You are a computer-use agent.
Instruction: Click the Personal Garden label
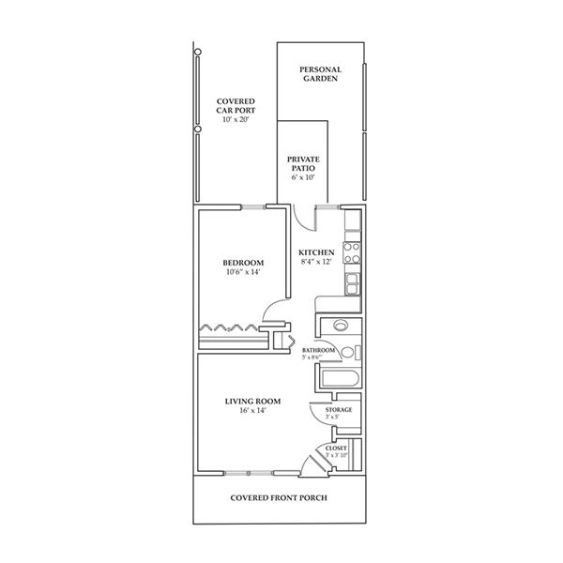(320, 74)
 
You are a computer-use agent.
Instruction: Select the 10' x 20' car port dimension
(236, 121)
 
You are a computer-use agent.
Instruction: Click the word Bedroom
(242, 263)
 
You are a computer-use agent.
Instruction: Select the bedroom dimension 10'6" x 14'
(242, 273)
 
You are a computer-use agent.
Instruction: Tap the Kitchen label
(316, 253)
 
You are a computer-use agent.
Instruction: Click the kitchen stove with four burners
(353, 251)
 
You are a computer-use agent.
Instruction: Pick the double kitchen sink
(353, 281)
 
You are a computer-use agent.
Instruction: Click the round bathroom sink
(339, 326)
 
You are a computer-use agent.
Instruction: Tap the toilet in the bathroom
(348, 353)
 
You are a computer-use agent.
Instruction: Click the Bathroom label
(318, 350)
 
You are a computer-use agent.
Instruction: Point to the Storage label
(339, 410)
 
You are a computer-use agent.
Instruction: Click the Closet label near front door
(336, 449)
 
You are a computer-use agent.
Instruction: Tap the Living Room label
(251, 402)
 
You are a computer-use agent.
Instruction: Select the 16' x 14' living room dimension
(251, 412)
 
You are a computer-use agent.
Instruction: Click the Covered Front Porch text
(279, 497)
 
